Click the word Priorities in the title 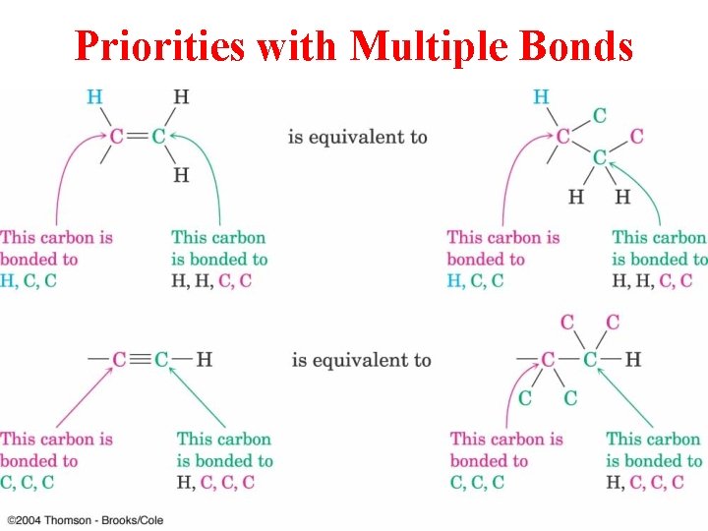[x=156, y=46]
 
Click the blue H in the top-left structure [x=94, y=96]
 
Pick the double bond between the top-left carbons [x=137, y=136]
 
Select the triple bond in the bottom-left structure [x=140, y=359]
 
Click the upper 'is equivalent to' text [x=357, y=136]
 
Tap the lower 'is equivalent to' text [x=361, y=360]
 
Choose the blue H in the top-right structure [x=541, y=96]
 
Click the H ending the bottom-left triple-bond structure [x=204, y=359]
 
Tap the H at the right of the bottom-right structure [x=632, y=359]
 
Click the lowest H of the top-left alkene [x=181, y=175]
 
